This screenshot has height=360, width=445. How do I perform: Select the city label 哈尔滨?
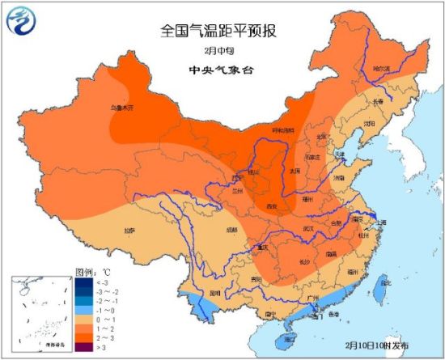click(x=380, y=69)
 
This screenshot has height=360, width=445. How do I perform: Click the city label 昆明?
click(x=215, y=293)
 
